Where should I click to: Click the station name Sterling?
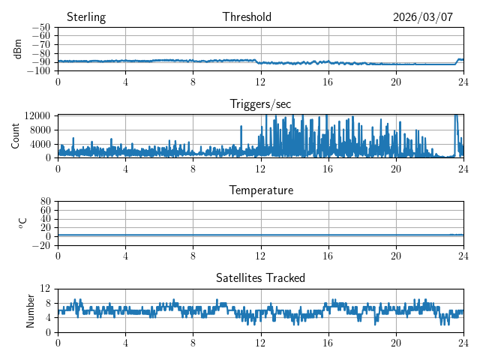point(86,17)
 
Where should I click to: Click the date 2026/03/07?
point(423,17)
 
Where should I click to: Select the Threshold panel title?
point(247,17)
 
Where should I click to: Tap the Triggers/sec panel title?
point(260,104)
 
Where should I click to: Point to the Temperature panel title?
point(260,190)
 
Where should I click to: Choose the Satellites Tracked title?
point(260,277)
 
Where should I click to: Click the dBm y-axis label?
point(18,49)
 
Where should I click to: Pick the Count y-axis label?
point(16,136)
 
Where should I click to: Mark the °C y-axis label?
point(22,223)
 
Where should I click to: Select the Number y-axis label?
point(31,310)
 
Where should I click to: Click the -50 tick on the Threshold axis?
point(40,27)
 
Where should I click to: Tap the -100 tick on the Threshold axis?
point(38,70)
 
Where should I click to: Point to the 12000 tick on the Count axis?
point(36,115)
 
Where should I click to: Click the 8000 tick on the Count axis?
point(39,129)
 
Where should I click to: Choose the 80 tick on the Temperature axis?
point(46,202)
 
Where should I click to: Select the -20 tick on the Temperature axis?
point(40,245)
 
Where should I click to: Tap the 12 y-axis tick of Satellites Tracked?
point(46,289)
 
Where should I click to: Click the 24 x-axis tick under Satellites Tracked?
point(463,341)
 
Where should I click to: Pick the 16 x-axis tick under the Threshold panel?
point(328,81)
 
